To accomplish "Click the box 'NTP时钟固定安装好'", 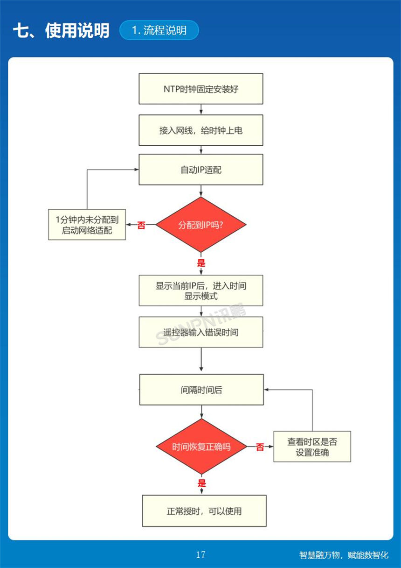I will point(200,89).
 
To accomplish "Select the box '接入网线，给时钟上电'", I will point(200,130).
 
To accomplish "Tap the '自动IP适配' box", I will point(200,170).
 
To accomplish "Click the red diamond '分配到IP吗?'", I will point(200,225).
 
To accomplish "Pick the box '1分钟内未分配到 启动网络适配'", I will point(87,225).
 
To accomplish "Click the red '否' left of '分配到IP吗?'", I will point(141,225).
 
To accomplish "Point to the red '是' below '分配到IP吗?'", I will point(201,263).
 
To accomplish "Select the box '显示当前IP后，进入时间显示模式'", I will point(200,291).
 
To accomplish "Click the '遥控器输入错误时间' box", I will point(200,332).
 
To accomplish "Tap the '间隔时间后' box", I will point(201,390).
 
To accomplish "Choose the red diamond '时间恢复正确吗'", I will point(201,447).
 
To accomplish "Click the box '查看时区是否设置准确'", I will point(312,447).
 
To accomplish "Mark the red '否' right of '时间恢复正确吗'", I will point(260,447).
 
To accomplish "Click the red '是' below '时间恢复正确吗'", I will point(201,483).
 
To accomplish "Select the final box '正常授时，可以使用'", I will point(204,511).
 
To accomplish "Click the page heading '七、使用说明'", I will point(61,30).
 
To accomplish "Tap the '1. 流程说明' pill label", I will point(159,30).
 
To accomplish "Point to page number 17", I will point(200,554).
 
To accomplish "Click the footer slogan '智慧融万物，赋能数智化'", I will point(343,555).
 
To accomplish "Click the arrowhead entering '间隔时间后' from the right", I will point(266,390).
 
